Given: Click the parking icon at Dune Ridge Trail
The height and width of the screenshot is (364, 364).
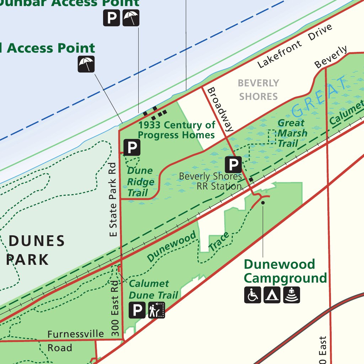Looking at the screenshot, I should tap(132, 147).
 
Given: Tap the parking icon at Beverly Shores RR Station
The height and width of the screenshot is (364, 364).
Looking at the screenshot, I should tap(233, 165).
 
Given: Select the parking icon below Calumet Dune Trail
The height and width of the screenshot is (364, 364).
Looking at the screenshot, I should tap(137, 310).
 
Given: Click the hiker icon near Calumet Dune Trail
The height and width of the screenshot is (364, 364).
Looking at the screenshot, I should tap(156, 310).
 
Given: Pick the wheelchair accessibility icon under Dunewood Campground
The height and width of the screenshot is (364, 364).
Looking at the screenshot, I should tap(252, 295).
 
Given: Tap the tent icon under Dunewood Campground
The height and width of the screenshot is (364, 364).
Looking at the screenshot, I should tap(272, 295).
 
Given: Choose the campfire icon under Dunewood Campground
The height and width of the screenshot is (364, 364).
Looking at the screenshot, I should tap(291, 295).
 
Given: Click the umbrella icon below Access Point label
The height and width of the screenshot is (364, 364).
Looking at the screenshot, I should tap(86, 64).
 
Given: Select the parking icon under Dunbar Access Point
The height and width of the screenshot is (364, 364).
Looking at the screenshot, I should tap(111, 18).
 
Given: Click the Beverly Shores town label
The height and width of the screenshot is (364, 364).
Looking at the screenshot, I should tap(258, 90).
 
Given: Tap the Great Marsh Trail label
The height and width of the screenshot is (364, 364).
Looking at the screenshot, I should tap(292, 133).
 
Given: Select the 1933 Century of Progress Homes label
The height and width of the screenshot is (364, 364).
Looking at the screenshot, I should tap(177, 130).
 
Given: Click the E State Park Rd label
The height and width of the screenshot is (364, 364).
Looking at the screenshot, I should tap(113, 199).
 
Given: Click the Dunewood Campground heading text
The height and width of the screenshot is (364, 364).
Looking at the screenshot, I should tap(285, 271).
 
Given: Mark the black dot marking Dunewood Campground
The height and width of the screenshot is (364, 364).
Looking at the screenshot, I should tap(263, 203).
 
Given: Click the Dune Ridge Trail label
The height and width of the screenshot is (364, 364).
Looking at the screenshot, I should tap(141, 182).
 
